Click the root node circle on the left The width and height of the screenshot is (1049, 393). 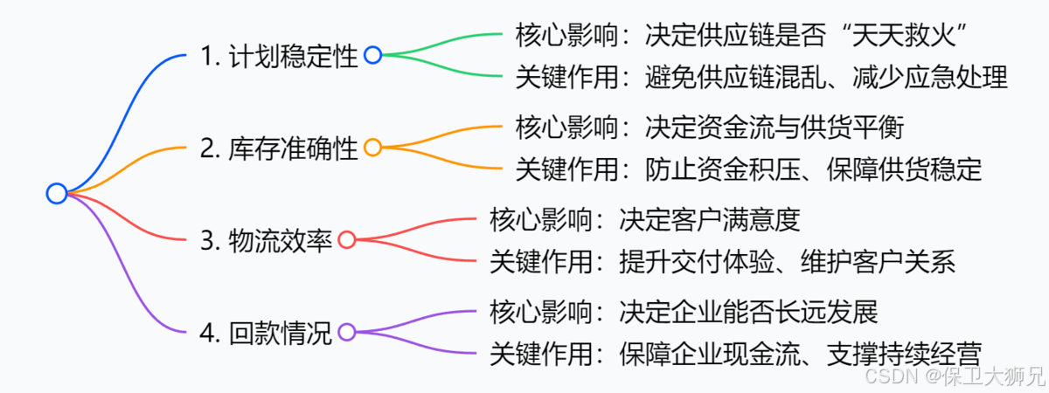[57, 194]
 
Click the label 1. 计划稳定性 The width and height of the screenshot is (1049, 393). [280, 57]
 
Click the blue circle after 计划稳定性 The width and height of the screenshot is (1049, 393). [372, 56]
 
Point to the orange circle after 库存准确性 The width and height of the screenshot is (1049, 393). [372, 148]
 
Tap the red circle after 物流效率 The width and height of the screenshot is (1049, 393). [347, 240]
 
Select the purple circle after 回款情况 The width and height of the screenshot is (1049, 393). [347, 332]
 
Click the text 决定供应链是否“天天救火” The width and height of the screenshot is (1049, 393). [809, 36]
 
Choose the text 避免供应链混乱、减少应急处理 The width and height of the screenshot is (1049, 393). [827, 78]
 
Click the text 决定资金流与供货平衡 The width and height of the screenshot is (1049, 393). [774, 128]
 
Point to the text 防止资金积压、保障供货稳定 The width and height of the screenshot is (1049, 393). [814, 169]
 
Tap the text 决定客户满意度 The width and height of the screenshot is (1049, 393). [709, 219]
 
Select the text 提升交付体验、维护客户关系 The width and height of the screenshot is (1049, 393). [788, 261]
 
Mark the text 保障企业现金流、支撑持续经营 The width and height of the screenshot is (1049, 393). [801, 353]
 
